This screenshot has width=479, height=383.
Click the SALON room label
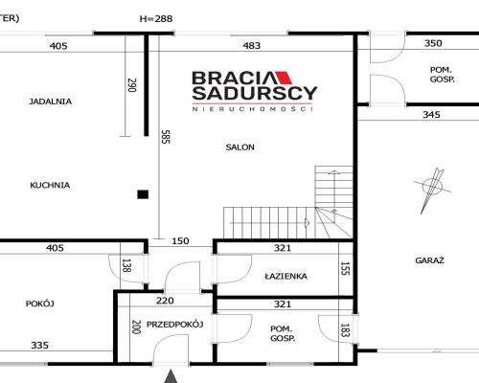[239, 147]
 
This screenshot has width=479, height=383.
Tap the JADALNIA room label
[51, 101]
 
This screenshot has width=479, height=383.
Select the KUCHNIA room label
[50, 185]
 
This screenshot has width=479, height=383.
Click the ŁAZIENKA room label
[285, 276]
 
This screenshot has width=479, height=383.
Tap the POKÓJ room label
[39, 304]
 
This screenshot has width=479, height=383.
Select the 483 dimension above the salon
[251, 45]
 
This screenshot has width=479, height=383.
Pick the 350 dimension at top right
[433, 43]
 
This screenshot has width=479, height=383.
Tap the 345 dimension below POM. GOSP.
[431, 115]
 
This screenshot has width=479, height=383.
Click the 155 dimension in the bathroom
[345, 267]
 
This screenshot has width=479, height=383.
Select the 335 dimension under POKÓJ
[39, 345]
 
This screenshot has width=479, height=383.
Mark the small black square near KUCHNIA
[143, 194]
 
